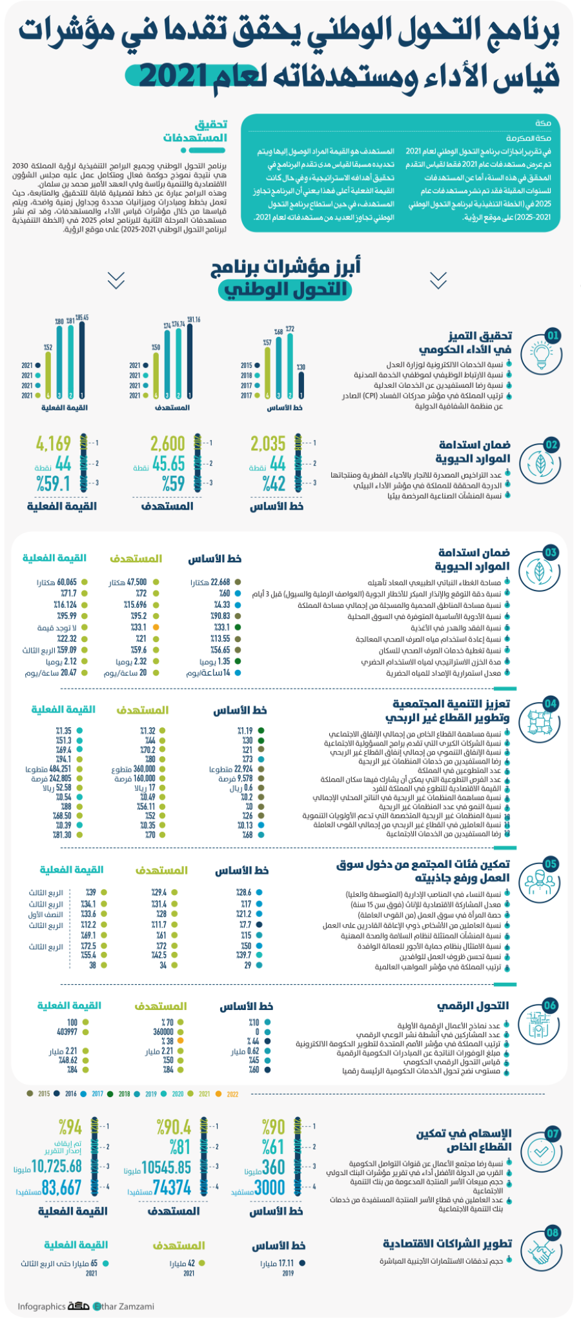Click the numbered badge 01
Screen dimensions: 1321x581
[553, 336]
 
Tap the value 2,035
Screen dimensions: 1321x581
[268, 444]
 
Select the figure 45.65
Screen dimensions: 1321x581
[168, 463]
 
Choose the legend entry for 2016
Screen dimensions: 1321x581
[67, 1094]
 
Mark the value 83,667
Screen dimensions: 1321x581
[62, 1187]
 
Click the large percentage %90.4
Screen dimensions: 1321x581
[174, 1127]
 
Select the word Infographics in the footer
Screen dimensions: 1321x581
[41, 1306]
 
